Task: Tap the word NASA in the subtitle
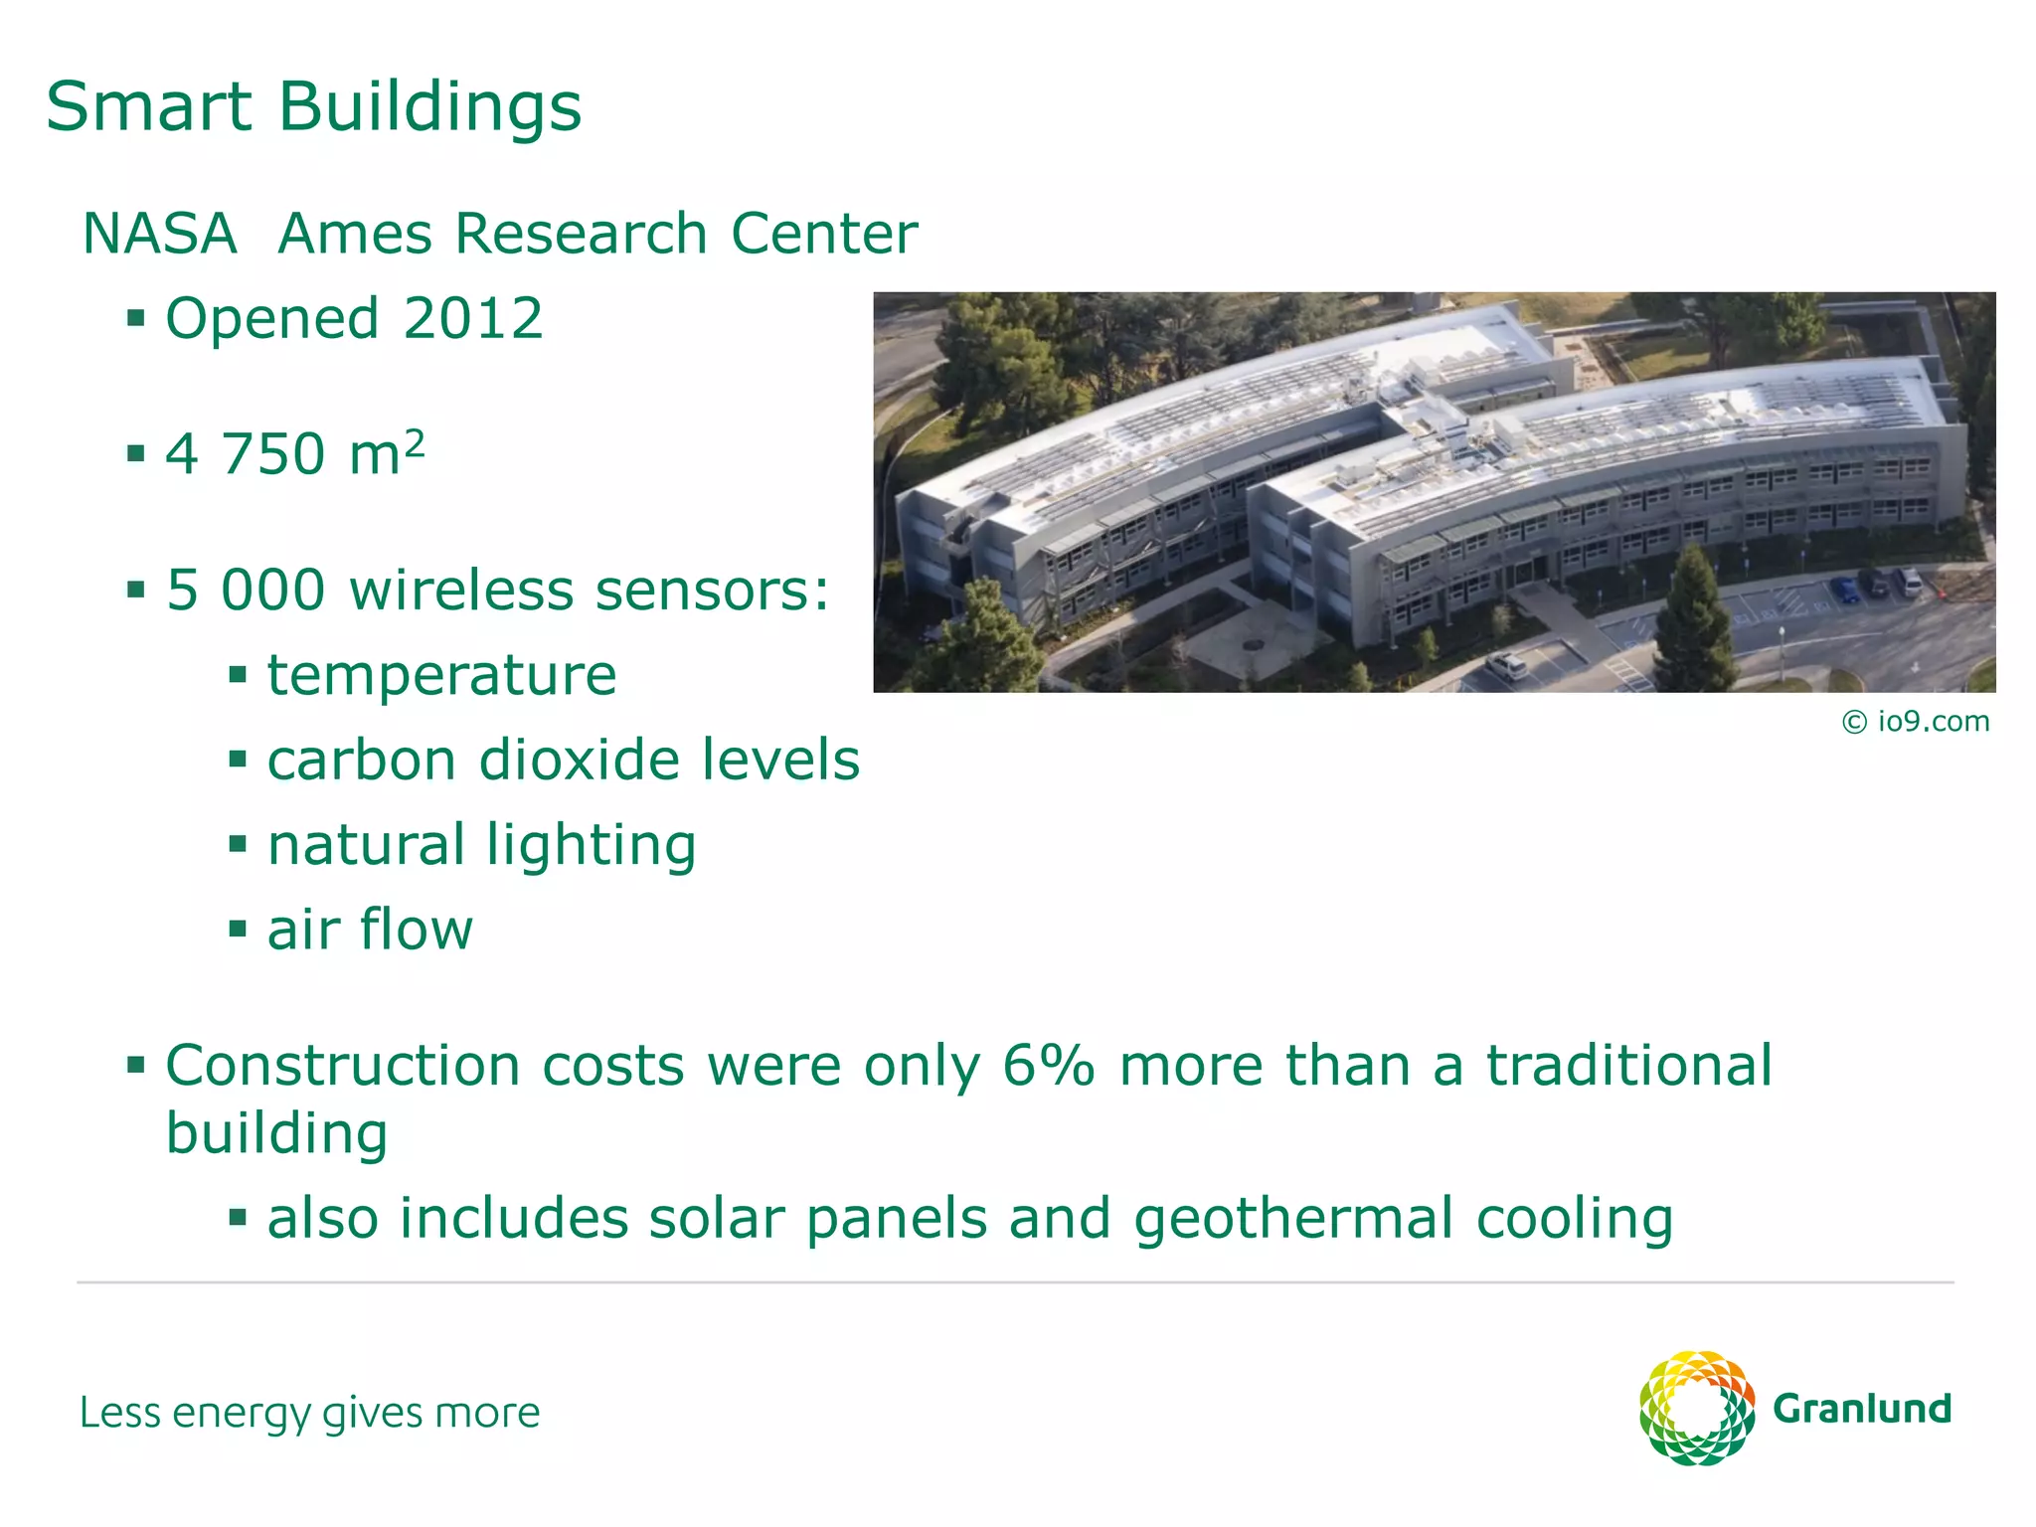(x=160, y=235)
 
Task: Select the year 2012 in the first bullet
(x=473, y=319)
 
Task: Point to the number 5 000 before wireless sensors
(x=246, y=591)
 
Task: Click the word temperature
(x=441, y=676)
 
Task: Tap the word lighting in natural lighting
(x=591, y=847)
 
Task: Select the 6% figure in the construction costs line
(x=1048, y=1066)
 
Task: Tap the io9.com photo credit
(x=1916, y=722)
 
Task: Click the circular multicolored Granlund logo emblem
(x=1696, y=1408)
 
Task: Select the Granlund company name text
(x=1862, y=1409)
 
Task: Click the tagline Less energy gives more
(x=309, y=1413)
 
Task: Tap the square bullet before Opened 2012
(x=136, y=319)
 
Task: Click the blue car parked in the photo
(x=1846, y=591)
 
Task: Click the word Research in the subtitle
(x=583, y=235)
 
